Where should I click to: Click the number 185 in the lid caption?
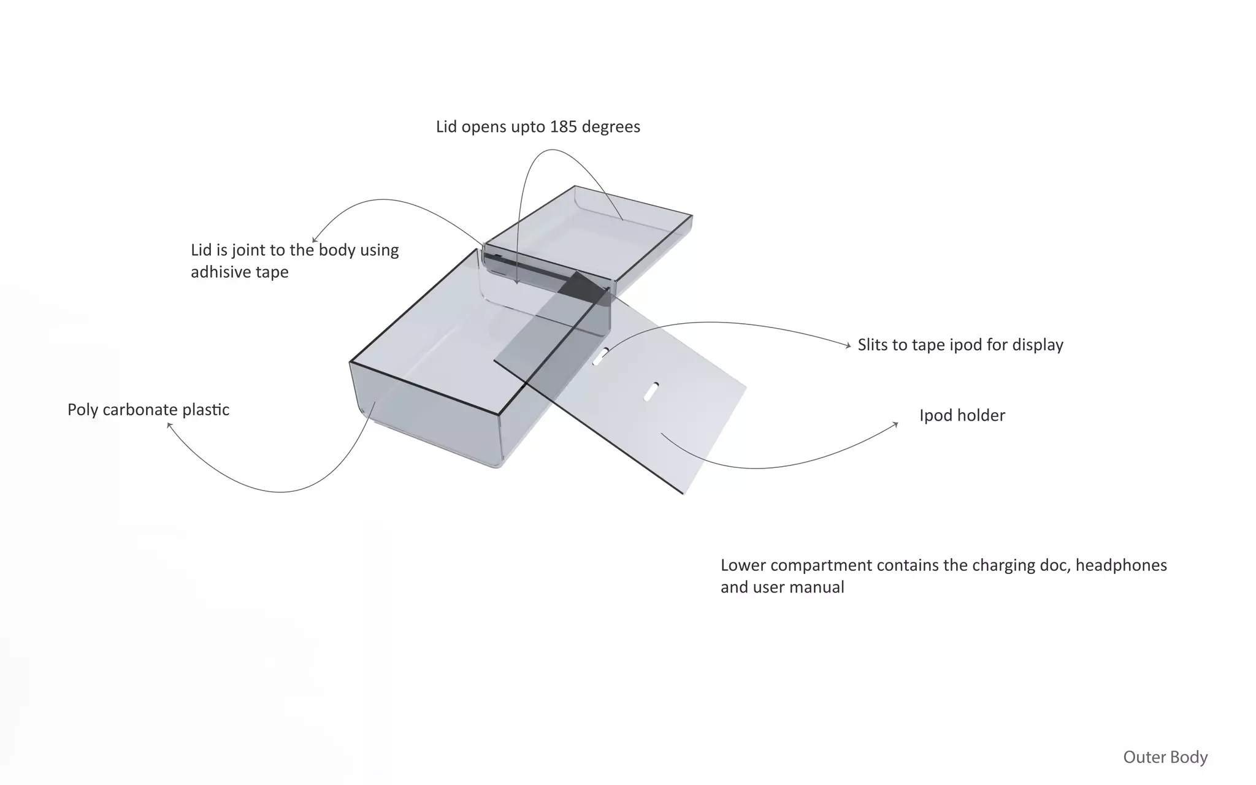[563, 127]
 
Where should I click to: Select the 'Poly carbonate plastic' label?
[148, 410]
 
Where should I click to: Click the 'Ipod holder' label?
[962, 416]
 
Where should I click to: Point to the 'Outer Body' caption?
[1165, 757]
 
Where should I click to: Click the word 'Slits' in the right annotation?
[874, 345]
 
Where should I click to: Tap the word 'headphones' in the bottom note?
[1121, 565]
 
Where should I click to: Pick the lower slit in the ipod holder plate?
[651, 391]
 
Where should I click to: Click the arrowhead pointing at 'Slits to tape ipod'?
[848, 347]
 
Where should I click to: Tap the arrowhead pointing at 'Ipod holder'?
[895, 424]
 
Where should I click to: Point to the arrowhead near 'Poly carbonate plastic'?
[169, 424]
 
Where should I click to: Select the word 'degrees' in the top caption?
[611, 127]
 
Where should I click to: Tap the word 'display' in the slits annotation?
[1038, 345]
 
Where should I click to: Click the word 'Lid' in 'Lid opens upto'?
[446, 127]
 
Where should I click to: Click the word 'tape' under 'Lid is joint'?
[272, 272]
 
